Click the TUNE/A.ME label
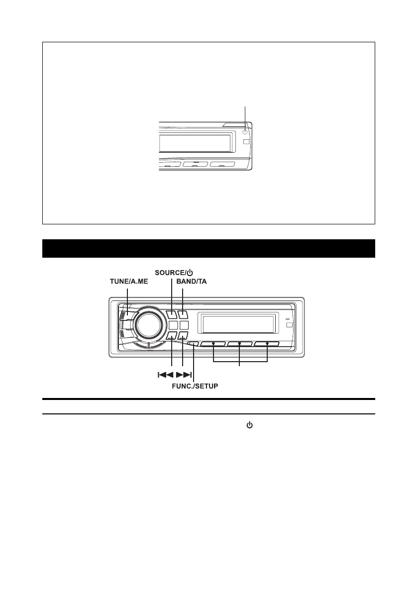pyautogui.click(x=129, y=282)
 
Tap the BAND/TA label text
pyautogui.click(x=192, y=282)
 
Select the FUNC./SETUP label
pyautogui.click(x=195, y=386)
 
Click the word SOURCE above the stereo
pyautogui.click(x=169, y=273)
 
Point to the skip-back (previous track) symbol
pyautogui.click(x=165, y=375)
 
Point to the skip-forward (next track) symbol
pyautogui.click(x=184, y=375)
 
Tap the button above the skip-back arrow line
pyautogui.click(x=171, y=336)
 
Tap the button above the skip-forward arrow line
pyautogui.click(x=183, y=336)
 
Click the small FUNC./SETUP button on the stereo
pyautogui.click(x=193, y=344)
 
